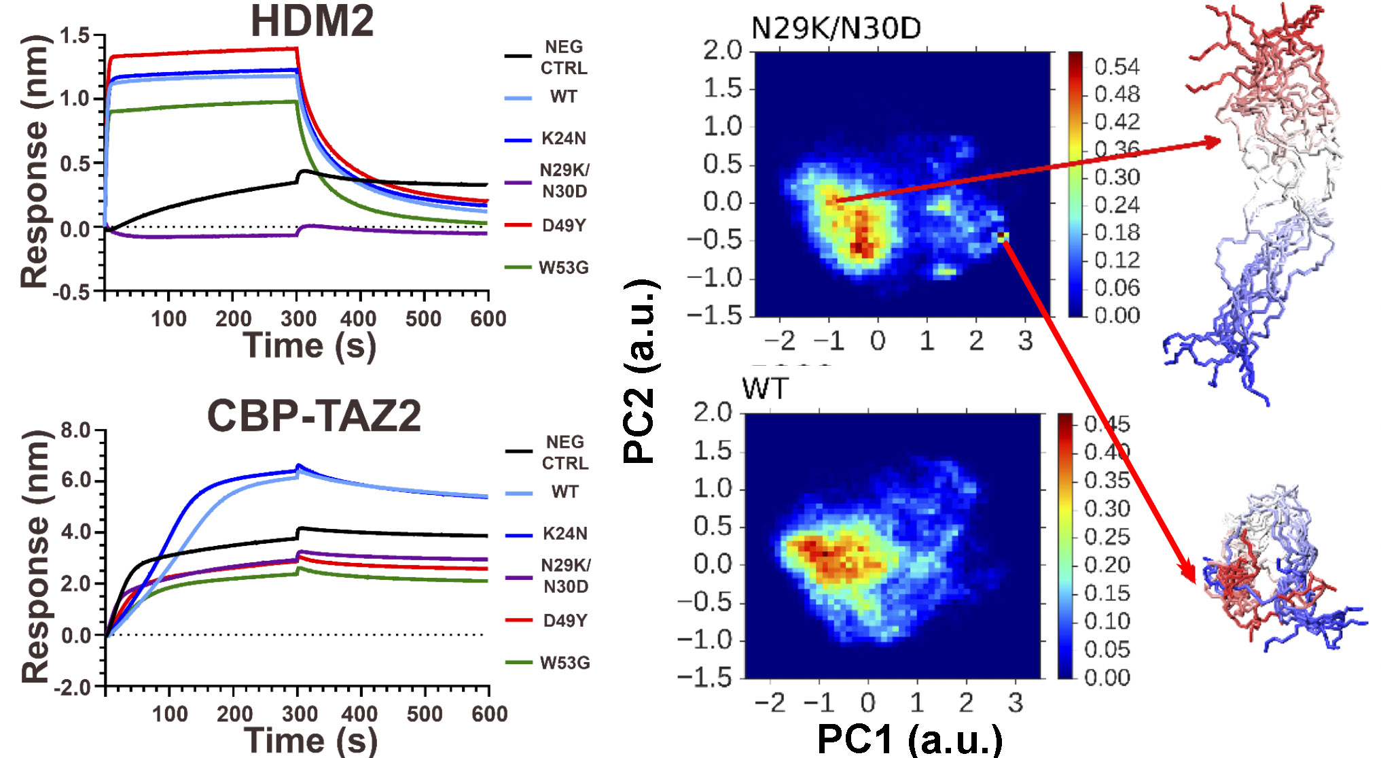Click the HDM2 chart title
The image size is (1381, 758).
pos(312,21)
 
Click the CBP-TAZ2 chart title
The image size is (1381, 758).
pos(314,416)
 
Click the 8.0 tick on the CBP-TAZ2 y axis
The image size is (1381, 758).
pos(75,430)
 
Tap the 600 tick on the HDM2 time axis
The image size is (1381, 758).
pos(488,319)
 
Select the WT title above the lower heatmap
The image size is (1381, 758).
pos(765,390)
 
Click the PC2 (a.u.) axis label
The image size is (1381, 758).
pos(641,371)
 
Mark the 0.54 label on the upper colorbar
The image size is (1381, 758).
pos(1117,67)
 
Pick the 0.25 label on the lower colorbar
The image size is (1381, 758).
pos(1107,537)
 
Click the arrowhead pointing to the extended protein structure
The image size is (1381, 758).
pos(1213,141)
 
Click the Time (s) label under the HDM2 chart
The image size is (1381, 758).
pos(309,346)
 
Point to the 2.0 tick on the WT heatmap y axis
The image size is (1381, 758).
pos(713,412)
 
